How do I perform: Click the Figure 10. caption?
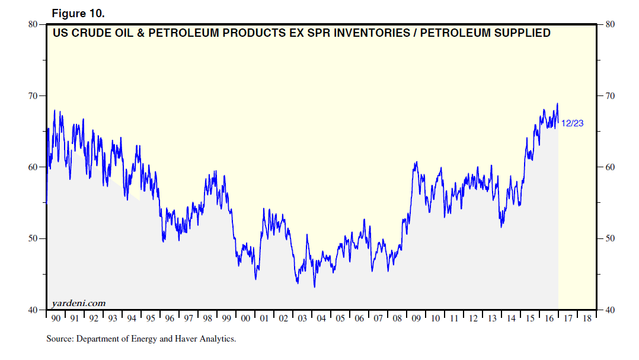(x=78, y=13)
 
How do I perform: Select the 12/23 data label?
(x=573, y=123)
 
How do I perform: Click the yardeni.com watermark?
(x=79, y=303)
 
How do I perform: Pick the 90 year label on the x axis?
(x=56, y=319)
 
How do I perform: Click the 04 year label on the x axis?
(x=321, y=319)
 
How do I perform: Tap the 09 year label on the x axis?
(x=416, y=319)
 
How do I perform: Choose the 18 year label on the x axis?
(x=587, y=319)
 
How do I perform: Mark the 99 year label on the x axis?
(x=226, y=319)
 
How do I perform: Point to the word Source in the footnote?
(x=59, y=340)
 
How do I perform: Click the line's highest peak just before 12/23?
(x=557, y=104)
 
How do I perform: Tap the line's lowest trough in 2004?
(x=314, y=287)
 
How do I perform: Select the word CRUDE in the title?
(x=94, y=33)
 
